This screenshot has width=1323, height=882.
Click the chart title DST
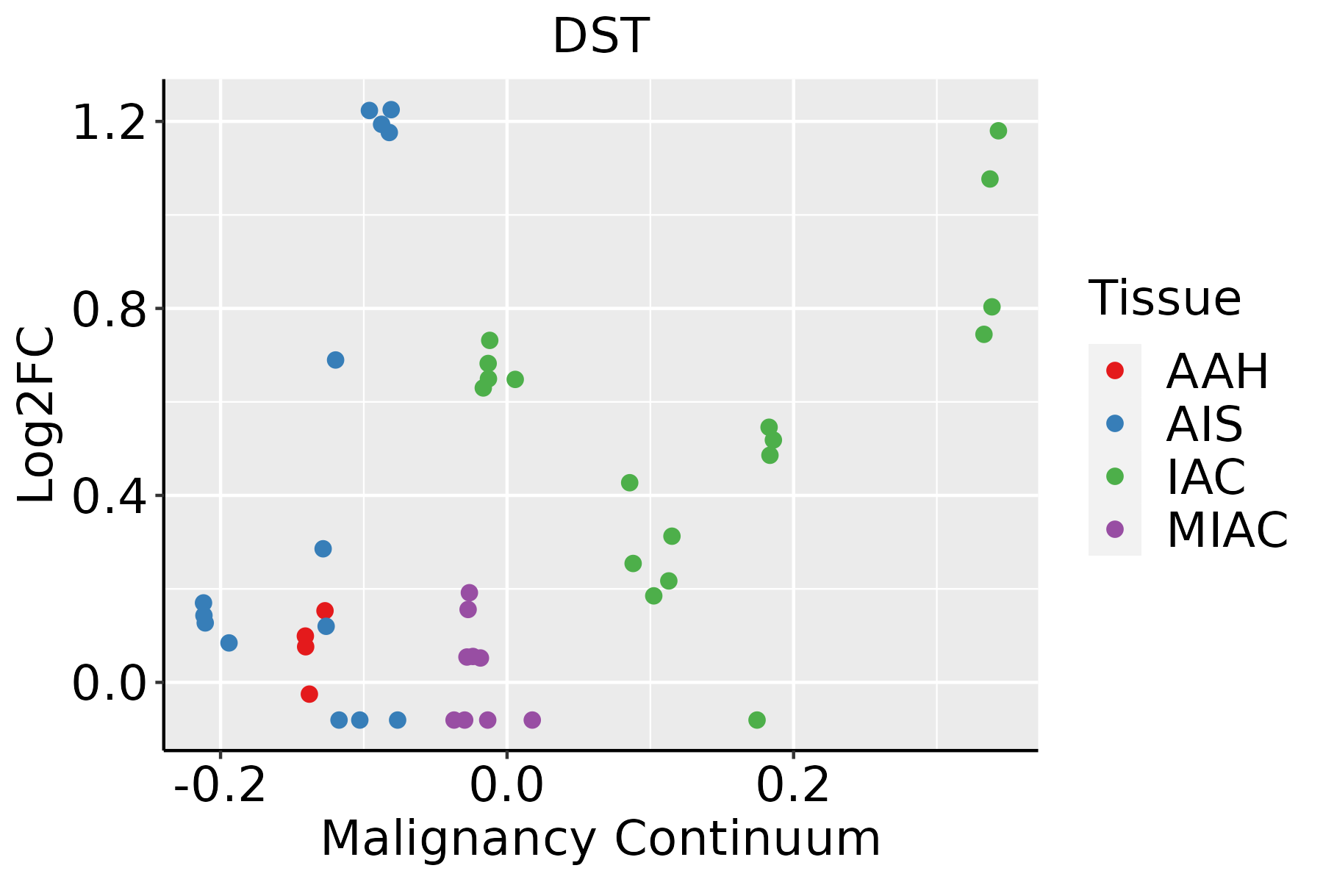click(x=600, y=37)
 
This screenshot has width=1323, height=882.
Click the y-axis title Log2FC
click(x=37, y=415)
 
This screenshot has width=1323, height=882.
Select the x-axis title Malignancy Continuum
click(x=600, y=839)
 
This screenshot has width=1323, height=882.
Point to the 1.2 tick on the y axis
click(x=107, y=122)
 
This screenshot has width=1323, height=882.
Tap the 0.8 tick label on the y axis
click(x=107, y=309)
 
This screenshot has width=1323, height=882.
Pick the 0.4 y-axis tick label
click(x=107, y=496)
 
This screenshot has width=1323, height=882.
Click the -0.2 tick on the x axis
click(x=219, y=786)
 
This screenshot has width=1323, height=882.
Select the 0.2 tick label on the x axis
click(x=793, y=786)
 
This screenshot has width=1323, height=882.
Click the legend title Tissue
click(x=1165, y=298)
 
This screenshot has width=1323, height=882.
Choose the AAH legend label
click(x=1217, y=371)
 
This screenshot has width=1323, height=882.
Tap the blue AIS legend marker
click(x=1114, y=423)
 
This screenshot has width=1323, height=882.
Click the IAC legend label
click(x=1206, y=477)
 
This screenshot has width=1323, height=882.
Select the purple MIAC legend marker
click(x=1114, y=529)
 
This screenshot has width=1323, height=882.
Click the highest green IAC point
click(x=998, y=131)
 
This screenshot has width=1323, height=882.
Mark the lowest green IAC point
click(x=757, y=720)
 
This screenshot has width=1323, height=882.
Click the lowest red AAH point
click(x=309, y=694)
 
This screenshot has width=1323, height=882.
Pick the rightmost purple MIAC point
click(x=532, y=720)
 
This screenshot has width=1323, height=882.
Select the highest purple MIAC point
click(x=469, y=592)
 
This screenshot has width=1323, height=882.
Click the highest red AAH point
click(x=325, y=611)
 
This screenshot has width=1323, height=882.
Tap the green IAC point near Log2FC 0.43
click(x=629, y=483)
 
